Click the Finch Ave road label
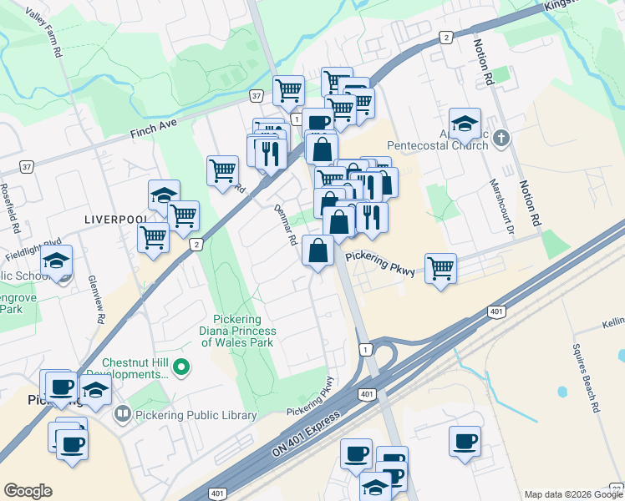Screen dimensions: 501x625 (155, 127)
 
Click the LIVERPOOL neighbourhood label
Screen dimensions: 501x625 (115, 219)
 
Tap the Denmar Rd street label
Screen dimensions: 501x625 (287, 225)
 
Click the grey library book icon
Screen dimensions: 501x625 (122, 413)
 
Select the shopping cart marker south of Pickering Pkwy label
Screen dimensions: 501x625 (440, 269)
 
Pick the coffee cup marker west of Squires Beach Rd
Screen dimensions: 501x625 (465, 441)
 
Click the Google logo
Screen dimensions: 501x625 (28, 491)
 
